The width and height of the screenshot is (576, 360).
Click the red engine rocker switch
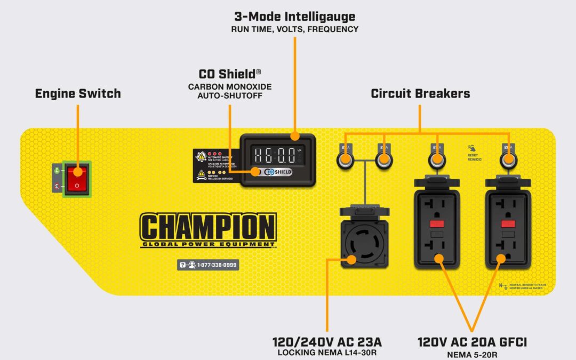[77, 179]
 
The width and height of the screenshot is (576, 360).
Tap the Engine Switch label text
[78, 94]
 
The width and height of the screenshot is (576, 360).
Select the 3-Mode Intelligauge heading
[294, 17]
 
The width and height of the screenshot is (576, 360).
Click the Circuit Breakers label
[420, 94]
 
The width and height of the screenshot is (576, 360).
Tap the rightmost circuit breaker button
[508, 159]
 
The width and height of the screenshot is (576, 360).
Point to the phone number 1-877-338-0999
[207, 265]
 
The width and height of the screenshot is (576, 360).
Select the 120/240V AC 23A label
[327, 342]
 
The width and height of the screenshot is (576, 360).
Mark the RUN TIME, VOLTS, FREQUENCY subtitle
[294, 29]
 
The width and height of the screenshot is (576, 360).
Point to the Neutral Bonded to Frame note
[528, 286]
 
